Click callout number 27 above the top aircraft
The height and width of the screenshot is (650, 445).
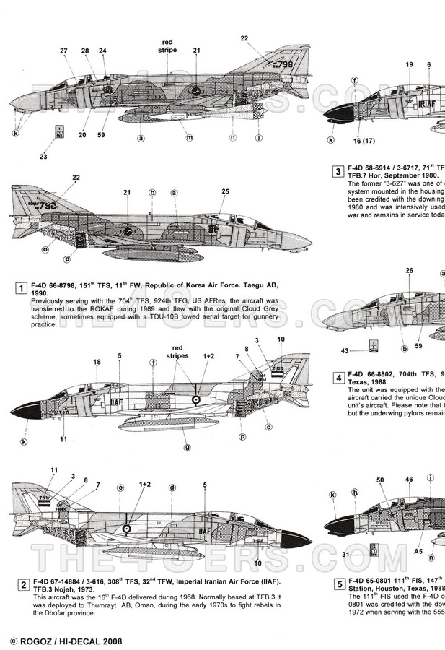64,51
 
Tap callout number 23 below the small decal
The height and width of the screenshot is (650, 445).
43,157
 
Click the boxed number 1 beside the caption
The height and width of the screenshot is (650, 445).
18,289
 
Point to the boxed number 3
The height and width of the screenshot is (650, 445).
338,171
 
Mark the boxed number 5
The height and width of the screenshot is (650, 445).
338,584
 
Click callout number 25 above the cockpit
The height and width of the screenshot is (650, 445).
226,191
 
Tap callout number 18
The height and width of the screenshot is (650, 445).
97,362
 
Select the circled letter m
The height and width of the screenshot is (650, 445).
189,137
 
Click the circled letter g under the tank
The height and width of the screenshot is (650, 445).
187,447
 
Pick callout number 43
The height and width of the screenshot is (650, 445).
345,350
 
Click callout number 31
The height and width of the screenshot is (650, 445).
345,555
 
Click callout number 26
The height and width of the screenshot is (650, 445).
409,272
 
